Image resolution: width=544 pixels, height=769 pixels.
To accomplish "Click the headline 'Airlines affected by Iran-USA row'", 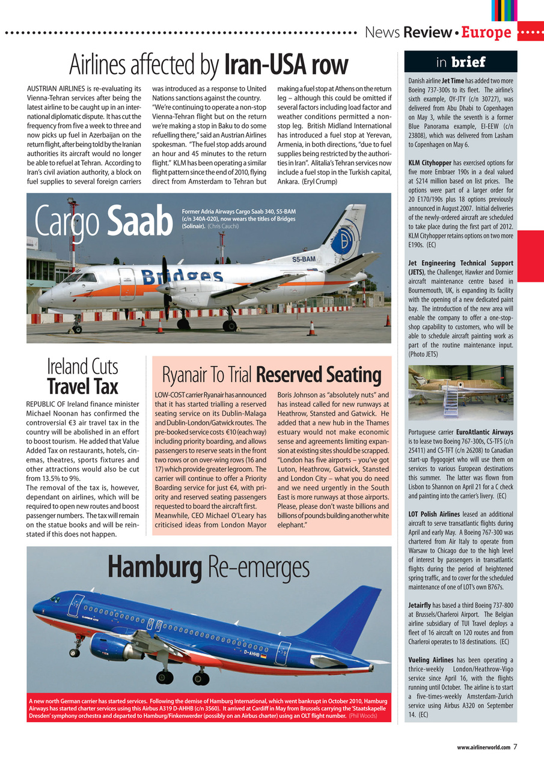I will [209, 64].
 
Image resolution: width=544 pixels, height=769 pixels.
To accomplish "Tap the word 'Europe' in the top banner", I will [486, 32].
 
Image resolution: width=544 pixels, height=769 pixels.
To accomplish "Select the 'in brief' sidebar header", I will [460, 62].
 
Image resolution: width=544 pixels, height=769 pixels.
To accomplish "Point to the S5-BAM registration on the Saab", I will [304, 260].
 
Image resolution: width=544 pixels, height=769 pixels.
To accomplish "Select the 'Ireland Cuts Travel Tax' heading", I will [83, 377].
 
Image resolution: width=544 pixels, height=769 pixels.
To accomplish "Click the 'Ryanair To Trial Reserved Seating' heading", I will [272, 375].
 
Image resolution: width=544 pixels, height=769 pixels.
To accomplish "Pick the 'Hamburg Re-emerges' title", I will [208, 567].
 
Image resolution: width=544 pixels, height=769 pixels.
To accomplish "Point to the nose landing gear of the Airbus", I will [75, 649].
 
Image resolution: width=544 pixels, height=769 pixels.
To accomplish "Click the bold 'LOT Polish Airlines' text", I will [433, 514].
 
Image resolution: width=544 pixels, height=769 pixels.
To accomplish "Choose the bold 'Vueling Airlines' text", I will [430, 660].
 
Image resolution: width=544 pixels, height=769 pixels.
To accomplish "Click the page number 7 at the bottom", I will [515, 747].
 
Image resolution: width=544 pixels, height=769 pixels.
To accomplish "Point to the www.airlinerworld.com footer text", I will [483, 747].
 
